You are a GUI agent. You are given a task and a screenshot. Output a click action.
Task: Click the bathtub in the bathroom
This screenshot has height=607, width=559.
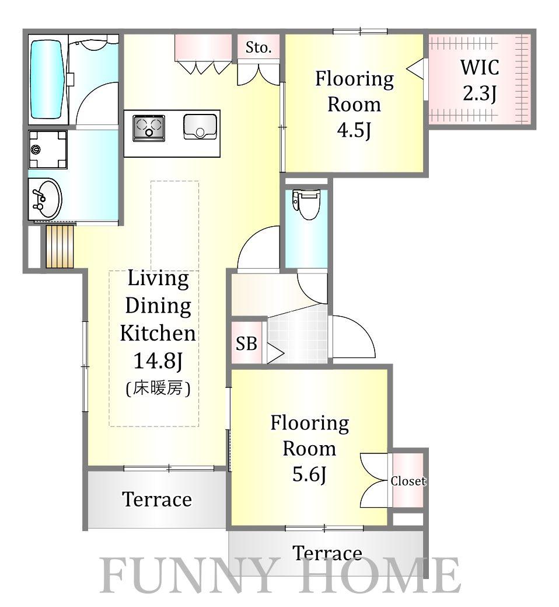[46, 79]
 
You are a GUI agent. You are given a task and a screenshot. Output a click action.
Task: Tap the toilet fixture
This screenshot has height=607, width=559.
[306, 204]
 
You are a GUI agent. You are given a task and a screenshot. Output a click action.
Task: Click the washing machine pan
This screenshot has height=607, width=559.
[47, 150]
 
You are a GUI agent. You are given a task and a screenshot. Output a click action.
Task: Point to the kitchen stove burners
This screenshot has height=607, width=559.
[148, 128]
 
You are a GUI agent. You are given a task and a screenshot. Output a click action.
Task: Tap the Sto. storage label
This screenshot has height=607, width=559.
[258, 48]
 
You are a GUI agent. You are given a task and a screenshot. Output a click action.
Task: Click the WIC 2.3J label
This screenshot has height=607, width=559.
[480, 80]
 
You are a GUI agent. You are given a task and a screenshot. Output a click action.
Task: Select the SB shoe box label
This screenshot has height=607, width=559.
[246, 344]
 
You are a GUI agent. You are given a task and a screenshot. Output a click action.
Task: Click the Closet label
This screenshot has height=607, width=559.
[408, 481]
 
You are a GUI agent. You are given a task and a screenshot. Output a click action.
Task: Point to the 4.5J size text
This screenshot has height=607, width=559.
[354, 130]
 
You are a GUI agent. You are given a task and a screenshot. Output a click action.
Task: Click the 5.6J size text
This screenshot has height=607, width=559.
[309, 474]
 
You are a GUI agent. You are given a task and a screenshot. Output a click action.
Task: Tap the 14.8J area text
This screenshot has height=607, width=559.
[158, 360]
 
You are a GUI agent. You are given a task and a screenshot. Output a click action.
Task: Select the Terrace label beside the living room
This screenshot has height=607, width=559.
[157, 499]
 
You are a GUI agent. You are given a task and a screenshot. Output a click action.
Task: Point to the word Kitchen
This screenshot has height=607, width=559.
[158, 334]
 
